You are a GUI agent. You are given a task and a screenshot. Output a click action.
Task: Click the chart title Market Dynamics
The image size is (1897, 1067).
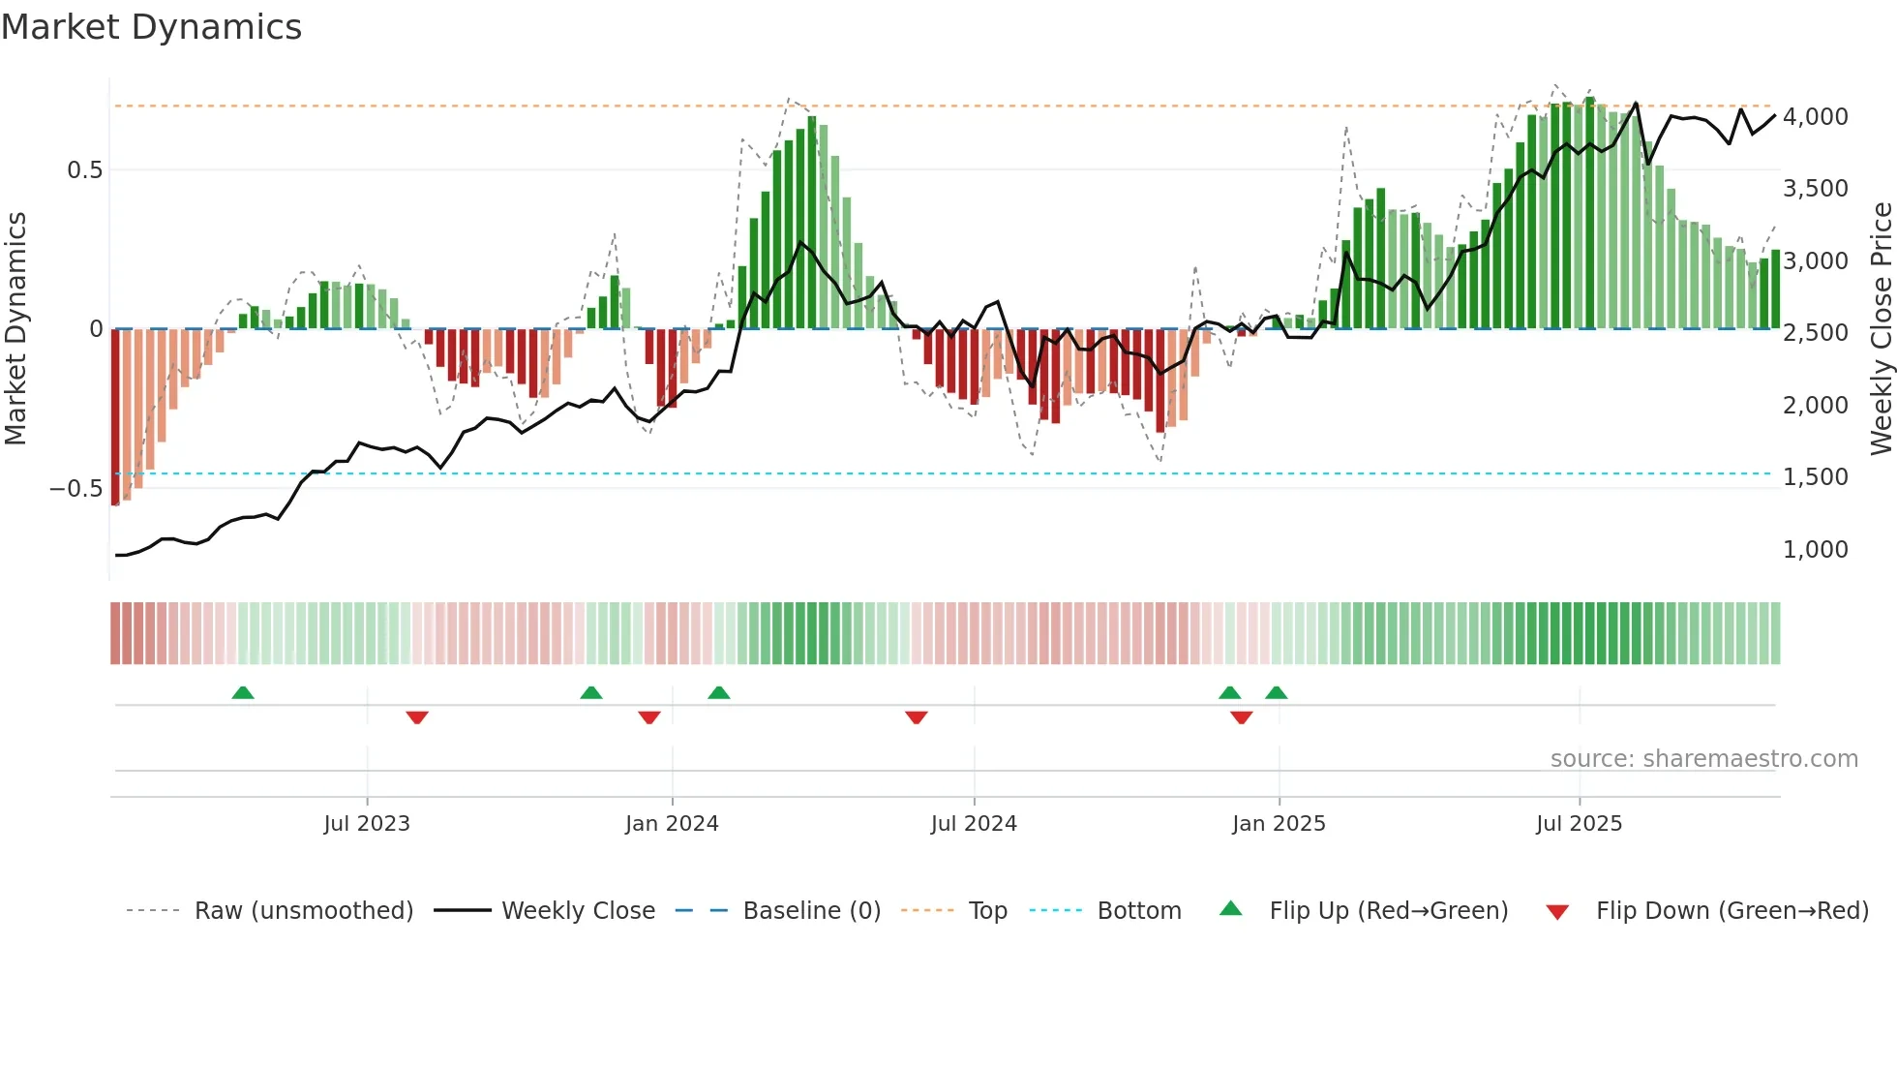pyautogui.click(x=151, y=27)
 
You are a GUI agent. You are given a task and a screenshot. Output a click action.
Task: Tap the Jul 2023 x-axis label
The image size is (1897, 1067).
pyautogui.click(x=367, y=824)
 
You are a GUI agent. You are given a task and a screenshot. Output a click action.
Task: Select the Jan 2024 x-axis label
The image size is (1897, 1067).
pyautogui.click(x=672, y=824)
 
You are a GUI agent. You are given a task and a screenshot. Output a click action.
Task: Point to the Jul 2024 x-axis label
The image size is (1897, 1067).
pyautogui.click(x=974, y=824)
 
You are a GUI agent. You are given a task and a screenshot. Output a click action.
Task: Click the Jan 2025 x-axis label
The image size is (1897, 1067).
pyautogui.click(x=1279, y=824)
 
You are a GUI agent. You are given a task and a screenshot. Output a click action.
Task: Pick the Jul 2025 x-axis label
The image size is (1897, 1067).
pyautogui.click(x=1579, y=824)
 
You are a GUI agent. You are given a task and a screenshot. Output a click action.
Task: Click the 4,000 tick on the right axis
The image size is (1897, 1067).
pyautogui.click(x=1815, y=117)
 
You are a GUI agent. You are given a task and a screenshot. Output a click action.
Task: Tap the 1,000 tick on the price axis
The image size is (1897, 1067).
pyautogui.click(x=1815, y=550)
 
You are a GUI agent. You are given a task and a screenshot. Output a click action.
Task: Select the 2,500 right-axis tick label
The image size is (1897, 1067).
pyautogui.click(x=1815, y=333)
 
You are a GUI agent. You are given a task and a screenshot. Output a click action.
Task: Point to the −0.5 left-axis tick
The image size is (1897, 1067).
pyautogui.click(x=75, y=489)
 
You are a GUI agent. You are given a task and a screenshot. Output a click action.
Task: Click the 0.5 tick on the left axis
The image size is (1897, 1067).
pyautogui.click(x=84, y=170)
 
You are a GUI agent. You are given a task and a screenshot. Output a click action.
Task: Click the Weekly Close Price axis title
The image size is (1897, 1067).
pyautogui.click(x=1881, y=329)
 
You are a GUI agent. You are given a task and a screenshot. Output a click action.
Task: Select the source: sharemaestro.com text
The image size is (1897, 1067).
pyautogui.click(x=1703, y=759)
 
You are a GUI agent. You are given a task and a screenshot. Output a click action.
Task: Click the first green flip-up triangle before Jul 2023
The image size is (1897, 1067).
pyautogui.click(x=243, y=693)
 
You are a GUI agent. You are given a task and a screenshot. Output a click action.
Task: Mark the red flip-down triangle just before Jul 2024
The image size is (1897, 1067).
pyautogui.click(x=917, y=717)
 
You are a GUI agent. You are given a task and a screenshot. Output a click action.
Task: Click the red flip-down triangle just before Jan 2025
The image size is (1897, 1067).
pyautogui.click(x=1242, y=717)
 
